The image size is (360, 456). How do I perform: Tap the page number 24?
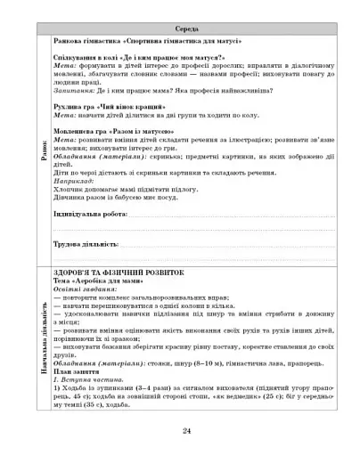point(187,431)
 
